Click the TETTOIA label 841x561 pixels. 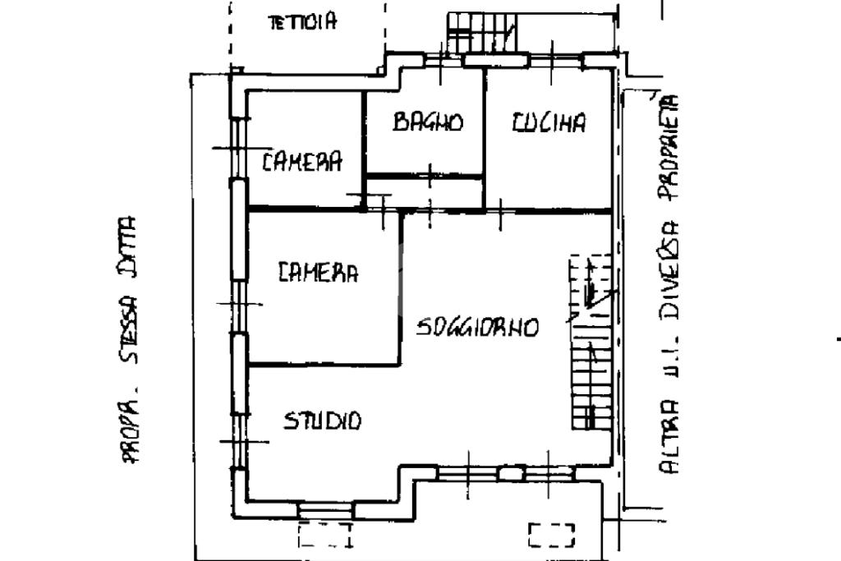click(x=302, y=21)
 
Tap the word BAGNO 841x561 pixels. click(x=427, y=122)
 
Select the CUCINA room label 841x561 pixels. click(x=549, y=122)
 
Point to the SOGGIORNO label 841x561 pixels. click(x=477, y=327)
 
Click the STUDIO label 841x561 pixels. click(x=322, y=421)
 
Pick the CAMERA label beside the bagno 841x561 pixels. click(x=302, y=161)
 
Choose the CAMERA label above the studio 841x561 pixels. click(x=318, y=272)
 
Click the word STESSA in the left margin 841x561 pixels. click(x=129, y=330)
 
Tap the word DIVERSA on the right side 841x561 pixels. click(x=669, y=270)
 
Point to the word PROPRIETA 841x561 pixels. click(x=669, y=148)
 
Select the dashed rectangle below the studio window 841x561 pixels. click(x=325, y=535)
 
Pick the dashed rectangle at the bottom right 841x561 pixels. click(x=552, y=535)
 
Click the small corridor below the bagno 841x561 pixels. click(x=425, y=193)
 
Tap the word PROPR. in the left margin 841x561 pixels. click(x=129, y=429)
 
